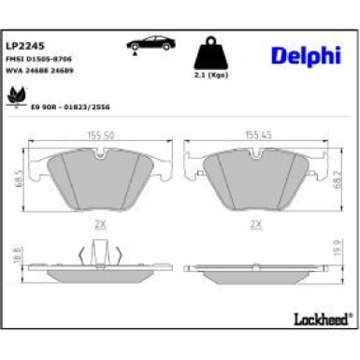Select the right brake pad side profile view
[254, 272]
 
